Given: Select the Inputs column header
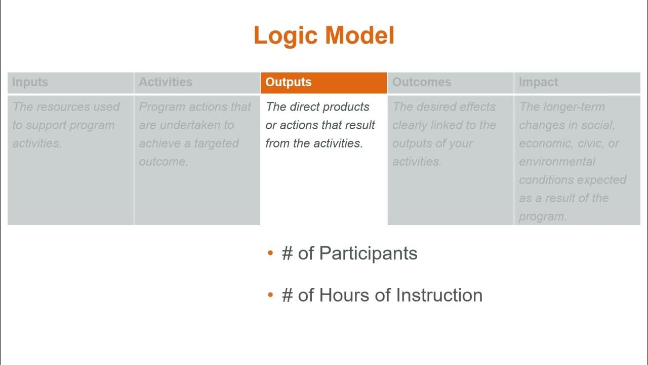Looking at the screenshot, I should click(x=30, y=82).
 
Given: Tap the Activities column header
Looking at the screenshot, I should click(x=166, y=82).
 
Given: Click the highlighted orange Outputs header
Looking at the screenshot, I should click(x=289, y=82).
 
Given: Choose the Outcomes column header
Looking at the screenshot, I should click(x=421, y=82).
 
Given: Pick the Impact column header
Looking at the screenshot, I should click(x=538, y=82).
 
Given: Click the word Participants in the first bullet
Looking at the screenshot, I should click(x=368, y=253).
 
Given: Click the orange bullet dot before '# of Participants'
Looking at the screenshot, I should click(x=270, y=253).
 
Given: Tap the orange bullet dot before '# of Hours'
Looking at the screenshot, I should click(x=270, y=295).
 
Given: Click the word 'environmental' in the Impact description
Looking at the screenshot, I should click(x=557, y=162).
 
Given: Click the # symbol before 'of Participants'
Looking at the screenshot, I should click(x=287, y=253).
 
